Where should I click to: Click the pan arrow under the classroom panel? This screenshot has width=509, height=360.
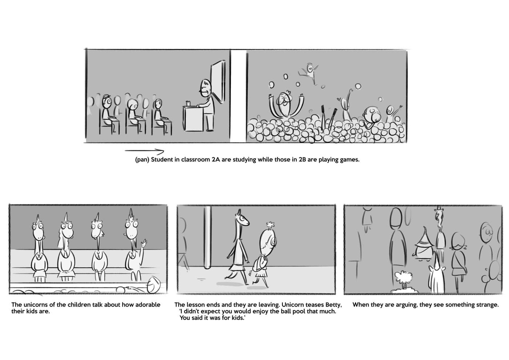144,151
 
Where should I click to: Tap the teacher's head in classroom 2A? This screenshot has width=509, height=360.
205,88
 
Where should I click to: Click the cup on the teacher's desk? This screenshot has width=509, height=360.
188,103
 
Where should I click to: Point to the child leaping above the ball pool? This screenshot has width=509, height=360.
309,72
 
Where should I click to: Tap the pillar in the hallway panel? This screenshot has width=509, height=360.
207,237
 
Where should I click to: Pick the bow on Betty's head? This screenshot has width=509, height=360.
270,225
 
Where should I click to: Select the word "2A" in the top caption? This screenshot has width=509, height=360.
216,160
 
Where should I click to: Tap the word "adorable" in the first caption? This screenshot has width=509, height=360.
148,305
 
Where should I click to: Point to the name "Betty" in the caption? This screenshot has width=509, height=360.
334,305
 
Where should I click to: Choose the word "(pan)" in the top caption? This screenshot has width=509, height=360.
142,160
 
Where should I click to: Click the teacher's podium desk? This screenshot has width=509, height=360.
193,118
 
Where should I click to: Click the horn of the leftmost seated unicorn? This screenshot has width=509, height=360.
38,219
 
